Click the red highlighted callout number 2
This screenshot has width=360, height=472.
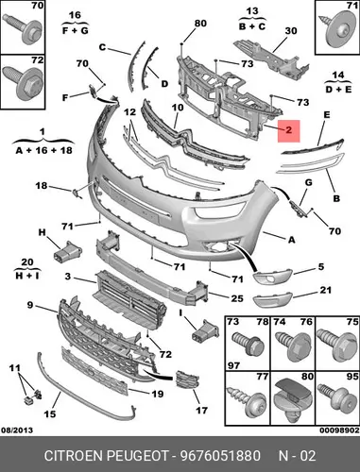pyautogui.click(x=288, y=130)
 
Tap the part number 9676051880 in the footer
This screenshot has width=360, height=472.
pyautogui.click(x=220, y=456)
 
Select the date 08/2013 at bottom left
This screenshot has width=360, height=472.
pyautogui.click(x=17, y=430)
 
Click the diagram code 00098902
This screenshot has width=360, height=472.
pyautogui.click(x=339, y=430)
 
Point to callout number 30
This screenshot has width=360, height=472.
pyautogui.click(x=291, y=31)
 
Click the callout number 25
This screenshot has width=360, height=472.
pyautogui.click(x=237, y=298)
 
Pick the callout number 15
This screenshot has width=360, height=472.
pyautogui.click(x=50, y=413)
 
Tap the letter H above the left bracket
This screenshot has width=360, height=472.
pyautogui.click(x=42, y=232)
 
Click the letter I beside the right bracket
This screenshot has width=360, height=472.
pyautogui.click(x=181, y=312)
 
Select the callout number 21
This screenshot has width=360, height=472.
pyautogui.click(x=326, y=290)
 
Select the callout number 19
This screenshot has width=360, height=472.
pyautogui.click(x=157, y=394)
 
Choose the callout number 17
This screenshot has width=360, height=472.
pyautogui.click(x=201, y=411)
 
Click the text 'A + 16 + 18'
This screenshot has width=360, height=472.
pyautogui.click(x=44, y=150)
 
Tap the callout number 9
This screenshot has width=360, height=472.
pyautogui.click(x=30, y=305)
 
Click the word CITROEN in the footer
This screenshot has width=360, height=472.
pyautogui.click(x=74, y=456)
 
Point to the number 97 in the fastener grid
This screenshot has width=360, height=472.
pyautogui.click(x=233, y=365)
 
